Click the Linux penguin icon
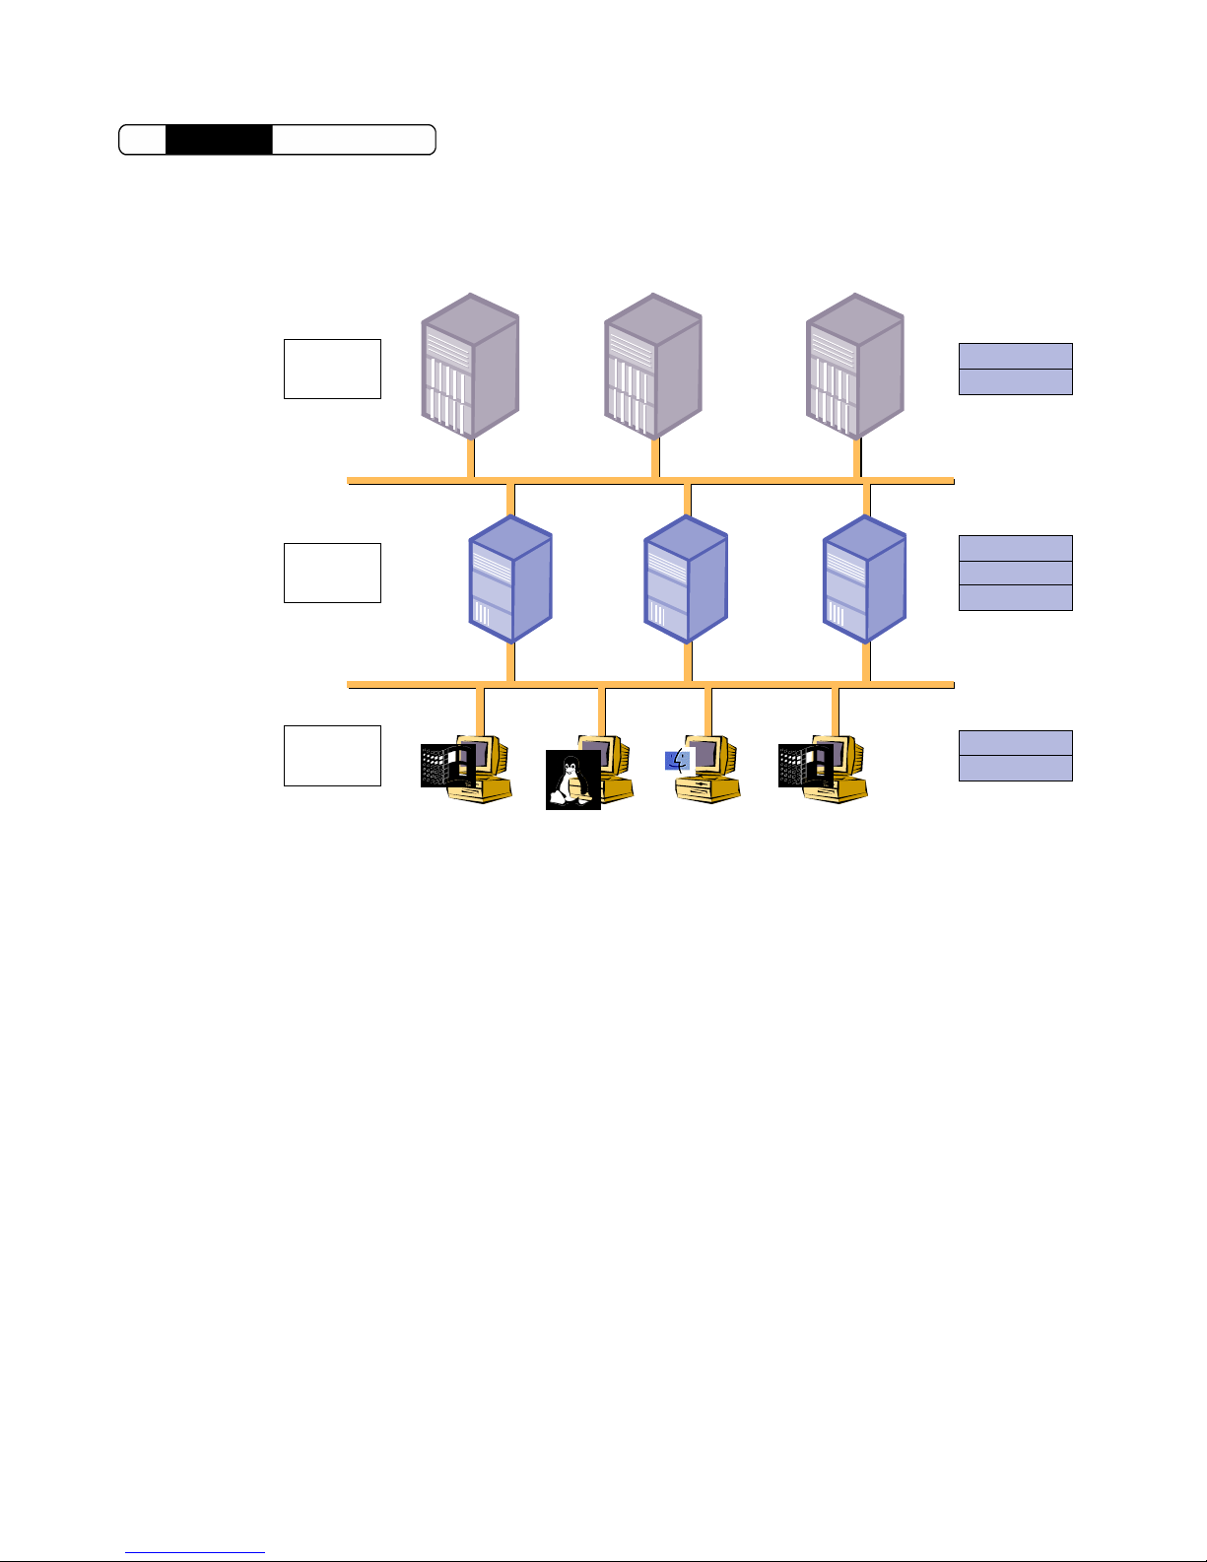pyautogui.click(x=572, y=780)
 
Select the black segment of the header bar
pyautogui.click(x=218, y=140)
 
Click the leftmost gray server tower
pyautogui.click(x=470, y=366)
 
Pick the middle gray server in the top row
pyautogui.click(x=652, y=366)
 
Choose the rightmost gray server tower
pyautogui.click(x=854, y=366)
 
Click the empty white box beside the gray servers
pyautogui.click(x=332, y=369)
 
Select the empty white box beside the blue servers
pyautogui.click(x=332, y=573)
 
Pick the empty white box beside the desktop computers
pyautogui.click(x=332, y=756)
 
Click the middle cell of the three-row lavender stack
pyautogui.click(x=1015, y=574)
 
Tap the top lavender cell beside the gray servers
pyautogui.click(x=1015, y=356)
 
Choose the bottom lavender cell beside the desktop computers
pyautogui.click(x=1015, y=768)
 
